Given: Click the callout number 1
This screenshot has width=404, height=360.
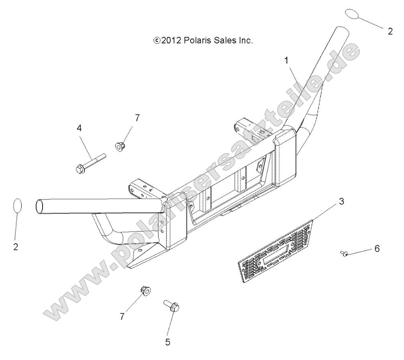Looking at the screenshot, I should (x=286, y=61).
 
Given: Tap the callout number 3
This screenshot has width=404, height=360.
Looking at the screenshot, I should (x=341, y=201).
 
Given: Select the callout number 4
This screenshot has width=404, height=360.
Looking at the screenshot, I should (x=79, y=128).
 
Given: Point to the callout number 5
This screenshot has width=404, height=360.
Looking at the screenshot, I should (x=168, y=342).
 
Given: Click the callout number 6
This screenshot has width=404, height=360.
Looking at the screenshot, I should (x=377, y=248).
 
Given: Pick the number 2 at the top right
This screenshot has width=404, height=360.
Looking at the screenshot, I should (x=390, y=31).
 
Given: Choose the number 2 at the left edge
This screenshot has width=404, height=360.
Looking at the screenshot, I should (x=16, y=247).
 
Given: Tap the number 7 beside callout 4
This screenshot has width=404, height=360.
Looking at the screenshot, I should (x=137, y=118).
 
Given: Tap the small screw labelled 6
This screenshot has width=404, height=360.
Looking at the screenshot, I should (x=343, y=253).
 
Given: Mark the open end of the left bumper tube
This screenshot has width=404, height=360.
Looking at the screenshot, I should (x=40, y=207).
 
